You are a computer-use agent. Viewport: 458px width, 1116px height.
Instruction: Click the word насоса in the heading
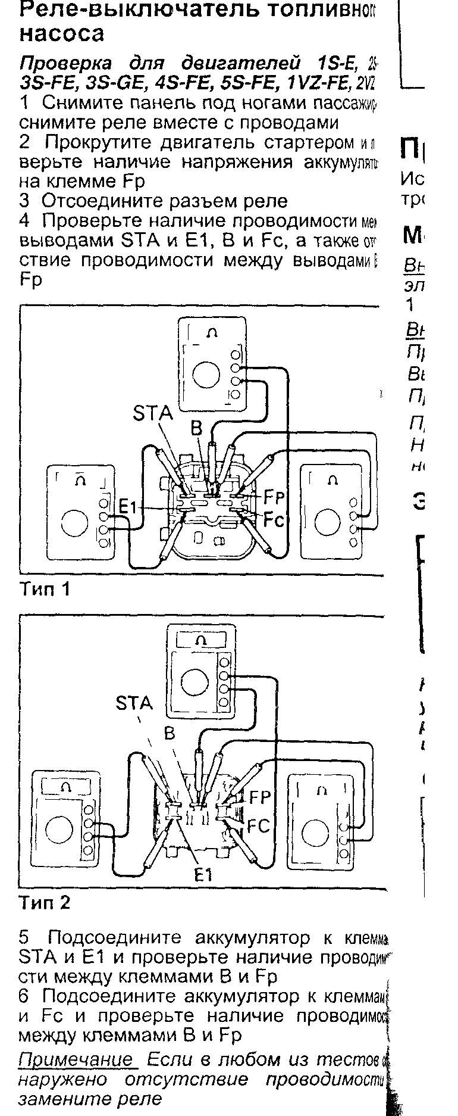point(62,33)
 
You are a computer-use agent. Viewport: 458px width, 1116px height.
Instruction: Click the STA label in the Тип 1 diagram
point(152,413)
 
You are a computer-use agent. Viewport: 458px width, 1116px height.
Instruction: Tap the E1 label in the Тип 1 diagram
point(128,507)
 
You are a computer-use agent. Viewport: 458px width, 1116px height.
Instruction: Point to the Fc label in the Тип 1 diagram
point(275,520)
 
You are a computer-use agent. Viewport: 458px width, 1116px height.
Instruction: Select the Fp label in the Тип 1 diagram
point(274,495)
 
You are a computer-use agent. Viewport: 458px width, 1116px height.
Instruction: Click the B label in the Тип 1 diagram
point(196,427)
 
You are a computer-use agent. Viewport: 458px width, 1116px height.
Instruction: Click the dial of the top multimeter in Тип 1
point(206,375)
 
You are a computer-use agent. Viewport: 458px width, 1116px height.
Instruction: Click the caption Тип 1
point(45,589)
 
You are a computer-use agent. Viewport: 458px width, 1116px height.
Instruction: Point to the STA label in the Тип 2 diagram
point(134,703)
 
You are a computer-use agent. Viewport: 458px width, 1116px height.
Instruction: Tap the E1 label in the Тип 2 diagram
point(203,874)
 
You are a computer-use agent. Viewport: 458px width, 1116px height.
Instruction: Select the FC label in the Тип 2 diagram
point(259,826)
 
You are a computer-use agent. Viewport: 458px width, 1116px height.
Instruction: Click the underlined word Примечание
point(76,1059)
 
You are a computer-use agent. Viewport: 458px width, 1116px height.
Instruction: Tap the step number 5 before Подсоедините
point(24,938)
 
